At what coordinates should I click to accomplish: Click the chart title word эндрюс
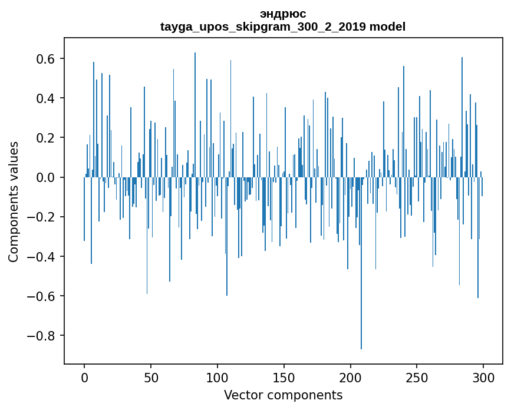283,14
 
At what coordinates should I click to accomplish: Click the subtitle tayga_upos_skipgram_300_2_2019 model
283,27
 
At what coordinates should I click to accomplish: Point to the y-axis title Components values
13,201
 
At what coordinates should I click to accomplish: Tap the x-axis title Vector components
283,395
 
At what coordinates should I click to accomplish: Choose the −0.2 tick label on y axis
42,217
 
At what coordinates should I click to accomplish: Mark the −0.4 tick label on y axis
42,256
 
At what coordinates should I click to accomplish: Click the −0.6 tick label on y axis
42,296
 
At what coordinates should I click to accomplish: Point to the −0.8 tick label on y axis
42,335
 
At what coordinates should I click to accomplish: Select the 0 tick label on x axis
84,377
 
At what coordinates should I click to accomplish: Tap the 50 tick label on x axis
151,377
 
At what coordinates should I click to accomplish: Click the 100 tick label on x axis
217,377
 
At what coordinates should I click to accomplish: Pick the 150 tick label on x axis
284,377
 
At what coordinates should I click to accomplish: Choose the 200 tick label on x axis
351,377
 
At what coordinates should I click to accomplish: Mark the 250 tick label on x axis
417,377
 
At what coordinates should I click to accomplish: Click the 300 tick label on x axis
484,377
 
